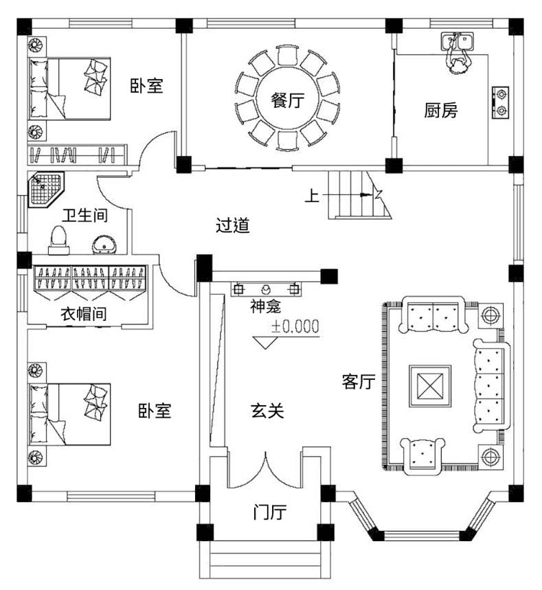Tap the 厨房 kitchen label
pyautogui.click(x=440, y=111)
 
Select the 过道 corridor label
pyautogui.click(x=233, y=225)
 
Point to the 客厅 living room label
pyautogui.click(x=358, y=382)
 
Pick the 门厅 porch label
pyautogui.click(x=269, y=512)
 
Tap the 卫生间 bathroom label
pyautogui.click(x=84, y=216)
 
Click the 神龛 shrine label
pyautogui.click(x=265, y=306)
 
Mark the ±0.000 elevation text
pyautogui.click(x=295, y=327)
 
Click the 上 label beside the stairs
pyautogui.click(x=312, y=196)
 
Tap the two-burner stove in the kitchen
pyautogui.click(x=501, y=100)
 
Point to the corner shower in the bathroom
pyautogui.click(x=45, y=189)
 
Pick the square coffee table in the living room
pyautogui.click(x=430, y=383)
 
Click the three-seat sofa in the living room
pyautogui.click(x=488, y=385)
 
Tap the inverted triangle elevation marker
pyautogui.click(x=265, y=341)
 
